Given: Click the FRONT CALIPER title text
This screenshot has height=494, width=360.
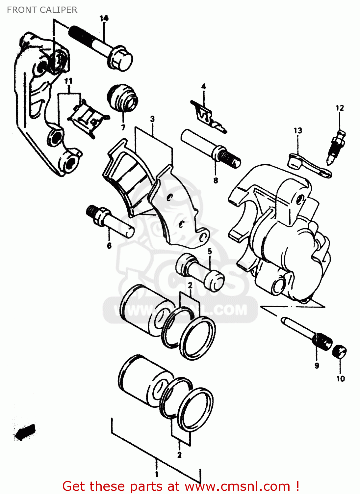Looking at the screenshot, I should [x=42, y=10].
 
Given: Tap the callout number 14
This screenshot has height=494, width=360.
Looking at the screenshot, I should [x=104, y=18].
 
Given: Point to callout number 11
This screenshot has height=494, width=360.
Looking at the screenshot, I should [x=68, y=81].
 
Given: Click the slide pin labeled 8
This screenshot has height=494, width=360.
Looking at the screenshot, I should [x=211, y=148].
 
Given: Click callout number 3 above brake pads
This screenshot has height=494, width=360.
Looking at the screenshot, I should [x=152, y=119].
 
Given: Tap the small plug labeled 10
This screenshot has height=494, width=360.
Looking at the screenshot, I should [x=340, y=352].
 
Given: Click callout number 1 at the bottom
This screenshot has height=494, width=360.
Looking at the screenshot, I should [x=157, y=474].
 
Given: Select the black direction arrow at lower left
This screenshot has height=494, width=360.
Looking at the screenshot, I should [x=25, y=432].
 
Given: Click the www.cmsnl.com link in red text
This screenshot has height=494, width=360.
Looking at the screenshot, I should [x=237, y=486].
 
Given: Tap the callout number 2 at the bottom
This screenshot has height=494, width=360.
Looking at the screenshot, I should [x=179, y=455].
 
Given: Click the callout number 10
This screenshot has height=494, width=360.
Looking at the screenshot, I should [x=341, y=379].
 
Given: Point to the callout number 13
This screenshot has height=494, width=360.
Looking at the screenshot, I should [x=298, y=131].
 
